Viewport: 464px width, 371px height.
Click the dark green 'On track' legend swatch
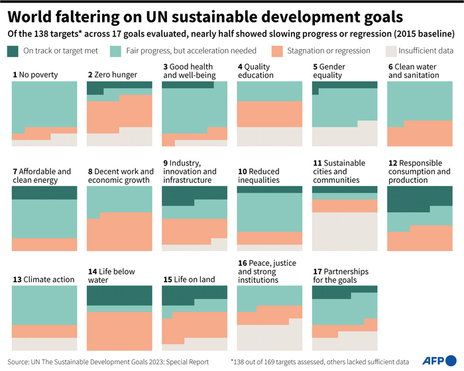click(14, 50)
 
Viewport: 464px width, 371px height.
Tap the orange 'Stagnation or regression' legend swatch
click(278, 50)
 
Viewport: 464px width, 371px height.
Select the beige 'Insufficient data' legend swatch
click(390, 50)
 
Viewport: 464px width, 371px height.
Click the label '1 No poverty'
click(35, 75)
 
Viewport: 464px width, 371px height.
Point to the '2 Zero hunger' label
click(113, 75)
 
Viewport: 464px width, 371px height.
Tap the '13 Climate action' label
click(43, 280)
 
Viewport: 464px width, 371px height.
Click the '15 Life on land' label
click(189, 280)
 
